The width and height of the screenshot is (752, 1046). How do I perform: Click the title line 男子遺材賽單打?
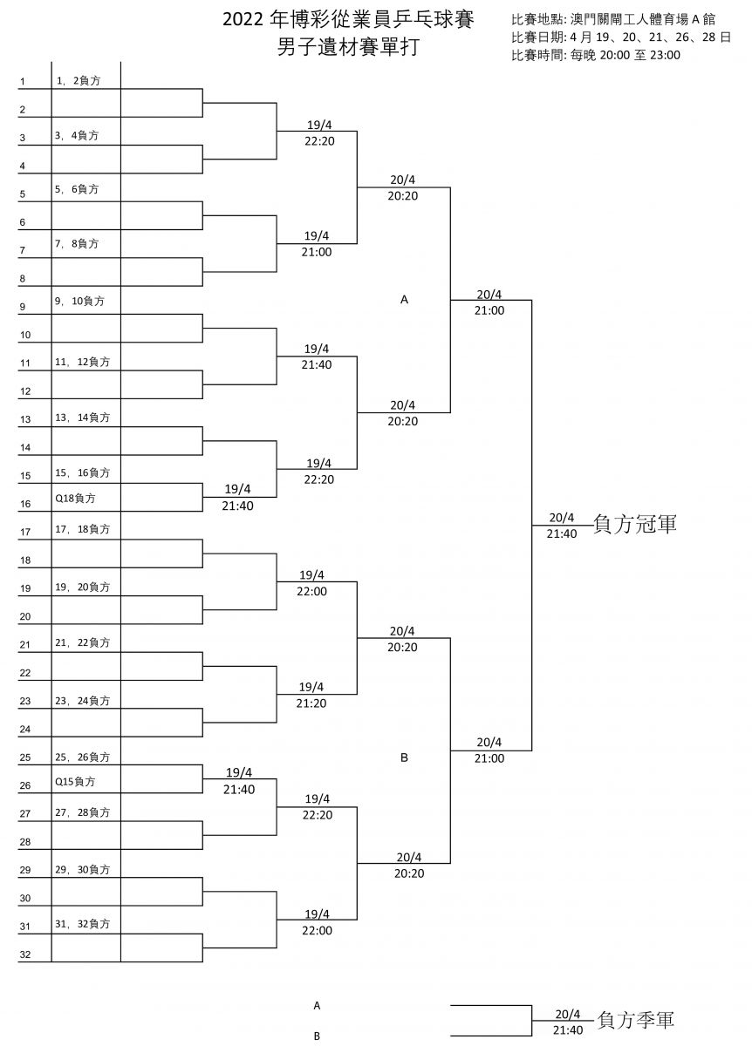coord(348,47)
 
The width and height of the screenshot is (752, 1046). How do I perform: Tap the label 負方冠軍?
coord(635,524)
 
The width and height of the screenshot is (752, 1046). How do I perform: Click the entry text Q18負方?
coord(75,499)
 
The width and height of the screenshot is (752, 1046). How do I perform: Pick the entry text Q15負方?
coord(75,781)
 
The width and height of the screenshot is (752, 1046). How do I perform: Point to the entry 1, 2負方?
coord(79,81)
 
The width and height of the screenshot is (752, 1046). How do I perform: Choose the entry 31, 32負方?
coord(82,924)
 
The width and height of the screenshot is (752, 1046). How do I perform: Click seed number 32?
coord(25,954)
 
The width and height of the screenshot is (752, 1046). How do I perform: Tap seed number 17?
coord(25,532)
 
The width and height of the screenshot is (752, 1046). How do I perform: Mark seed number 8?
coord(23,279)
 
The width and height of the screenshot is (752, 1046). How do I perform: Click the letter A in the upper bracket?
coord(404,300)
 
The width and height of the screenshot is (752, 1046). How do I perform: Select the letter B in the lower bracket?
coord(404,757)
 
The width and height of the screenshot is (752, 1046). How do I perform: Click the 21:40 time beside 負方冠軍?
coord(562,533)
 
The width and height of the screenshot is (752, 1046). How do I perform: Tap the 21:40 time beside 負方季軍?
coord(568,1030)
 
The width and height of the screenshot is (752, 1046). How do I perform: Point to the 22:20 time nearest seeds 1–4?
coord(319,141)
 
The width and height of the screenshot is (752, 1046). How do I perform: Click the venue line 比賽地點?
coord(613,19)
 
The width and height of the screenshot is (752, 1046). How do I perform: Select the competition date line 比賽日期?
coord(621,37)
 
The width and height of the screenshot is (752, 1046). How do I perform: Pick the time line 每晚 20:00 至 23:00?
coord(626,55)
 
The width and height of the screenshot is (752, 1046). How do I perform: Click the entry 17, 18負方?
coord(82,529)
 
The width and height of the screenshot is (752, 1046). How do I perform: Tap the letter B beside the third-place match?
coord(317,1036)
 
